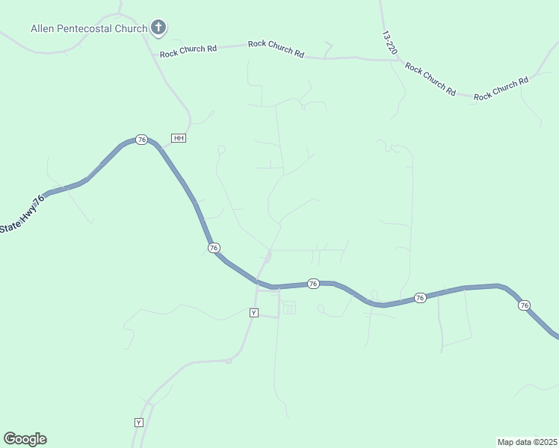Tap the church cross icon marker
[158, 28]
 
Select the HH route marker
[178, 138]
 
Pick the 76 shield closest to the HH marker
[141, 140]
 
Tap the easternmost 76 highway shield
[524, 305]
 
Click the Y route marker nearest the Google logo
[138, 423]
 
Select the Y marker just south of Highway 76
[254, 313]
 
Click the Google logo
[25, 439]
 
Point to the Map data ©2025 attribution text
[526, 442]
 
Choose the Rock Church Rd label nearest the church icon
[188, 49]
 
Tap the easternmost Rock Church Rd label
[501, 89]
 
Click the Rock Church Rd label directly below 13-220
[430, 78]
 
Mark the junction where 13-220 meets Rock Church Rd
[393, 59]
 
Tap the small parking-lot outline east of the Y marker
[288, 308]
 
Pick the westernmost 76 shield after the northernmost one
[214, 247]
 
